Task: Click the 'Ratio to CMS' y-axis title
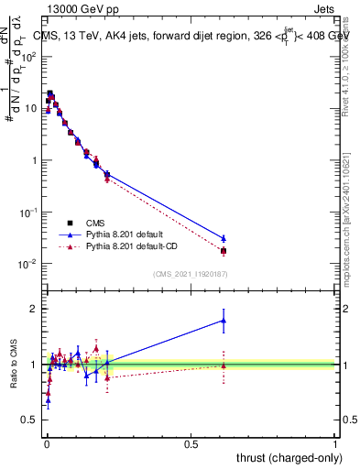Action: [14, 363]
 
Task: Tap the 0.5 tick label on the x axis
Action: [191, 443]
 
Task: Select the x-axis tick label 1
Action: [336, 443]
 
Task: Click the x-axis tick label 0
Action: [46, 443]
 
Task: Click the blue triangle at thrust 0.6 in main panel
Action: [224, 238]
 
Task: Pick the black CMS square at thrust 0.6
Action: [224, 251]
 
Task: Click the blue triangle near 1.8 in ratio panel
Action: [224, 320]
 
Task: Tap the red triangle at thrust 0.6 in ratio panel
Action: [224, 365]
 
